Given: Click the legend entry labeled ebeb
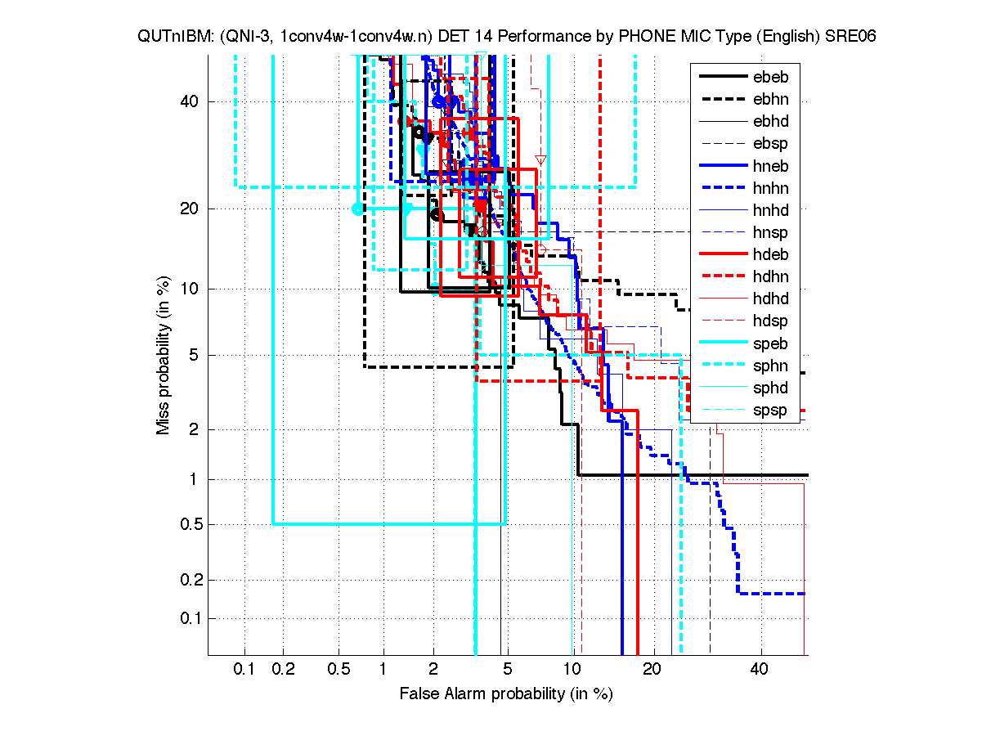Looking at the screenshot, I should [770, 78].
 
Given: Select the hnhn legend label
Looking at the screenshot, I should [770, 188].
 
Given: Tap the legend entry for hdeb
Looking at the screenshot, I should [770, 254].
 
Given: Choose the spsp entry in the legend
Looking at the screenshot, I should [770, 410].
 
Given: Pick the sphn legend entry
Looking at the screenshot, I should [770, 366].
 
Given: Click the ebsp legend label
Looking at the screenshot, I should [770, 144].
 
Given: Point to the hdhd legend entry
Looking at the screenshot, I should [770, 298].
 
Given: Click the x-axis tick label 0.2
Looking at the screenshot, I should [284, 669].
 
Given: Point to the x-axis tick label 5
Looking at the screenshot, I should [507, 669].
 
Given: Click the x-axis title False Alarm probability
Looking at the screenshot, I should [505, 694].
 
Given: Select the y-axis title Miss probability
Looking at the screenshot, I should [164, 355].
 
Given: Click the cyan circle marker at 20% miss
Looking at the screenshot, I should [357, 209].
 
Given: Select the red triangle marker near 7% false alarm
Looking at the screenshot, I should [540, 159].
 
